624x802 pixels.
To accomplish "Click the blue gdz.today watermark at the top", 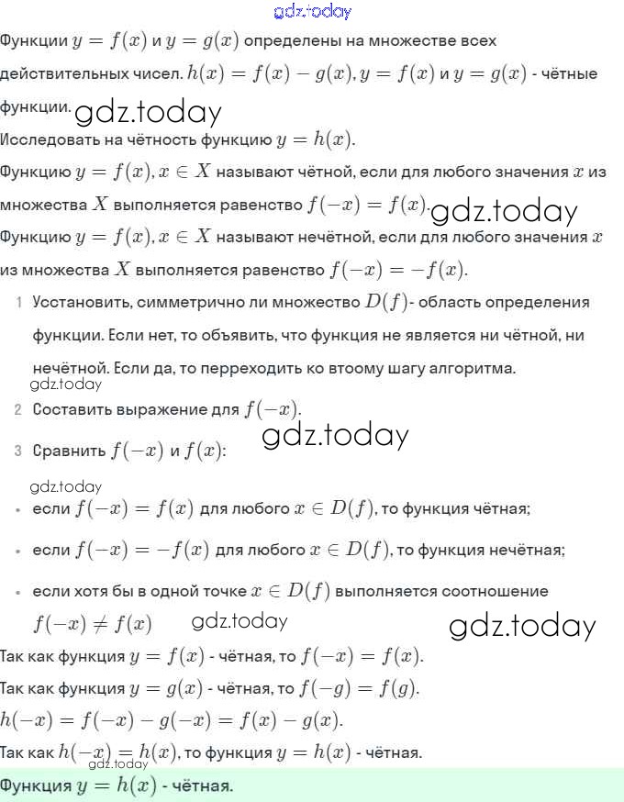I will [312, 11].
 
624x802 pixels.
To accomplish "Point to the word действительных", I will [89, 73].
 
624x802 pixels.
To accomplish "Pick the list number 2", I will [18, 409].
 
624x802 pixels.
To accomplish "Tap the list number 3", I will [18, 451].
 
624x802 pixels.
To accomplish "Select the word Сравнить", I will [68, 451].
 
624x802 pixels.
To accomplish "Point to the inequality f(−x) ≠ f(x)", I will [92, 625].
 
